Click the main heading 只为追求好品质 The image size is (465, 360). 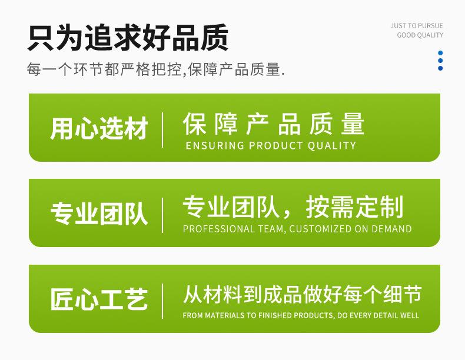pos(128,38)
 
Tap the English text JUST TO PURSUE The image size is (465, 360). pos(417,26)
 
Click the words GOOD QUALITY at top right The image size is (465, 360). pos(420,35)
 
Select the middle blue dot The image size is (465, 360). pos(440,61)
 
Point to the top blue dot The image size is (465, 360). pos(440,53)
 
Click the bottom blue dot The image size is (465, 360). pos(440,68)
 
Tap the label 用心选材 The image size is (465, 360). pos(99,128)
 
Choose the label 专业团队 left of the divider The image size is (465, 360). pos(99,214)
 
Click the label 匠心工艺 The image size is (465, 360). pos(99,299)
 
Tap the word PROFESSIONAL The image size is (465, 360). pos(218,229)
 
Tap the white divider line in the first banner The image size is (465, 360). pos(162,130)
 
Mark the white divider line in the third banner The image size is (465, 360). pos(162,301)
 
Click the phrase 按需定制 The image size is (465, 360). pos(354,207)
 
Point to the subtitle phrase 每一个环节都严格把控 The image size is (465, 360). pos(104,69)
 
